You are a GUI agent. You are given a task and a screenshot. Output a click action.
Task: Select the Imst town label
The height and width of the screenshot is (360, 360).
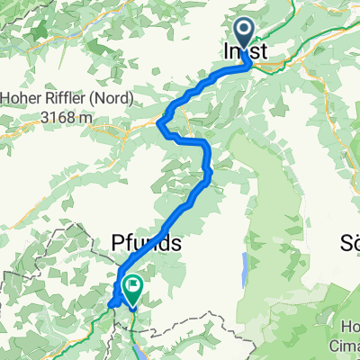pyautogui.click(x=244, y=53)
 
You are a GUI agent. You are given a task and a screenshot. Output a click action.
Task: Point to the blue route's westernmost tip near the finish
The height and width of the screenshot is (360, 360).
pyautogui.click(x=109, y=303)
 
